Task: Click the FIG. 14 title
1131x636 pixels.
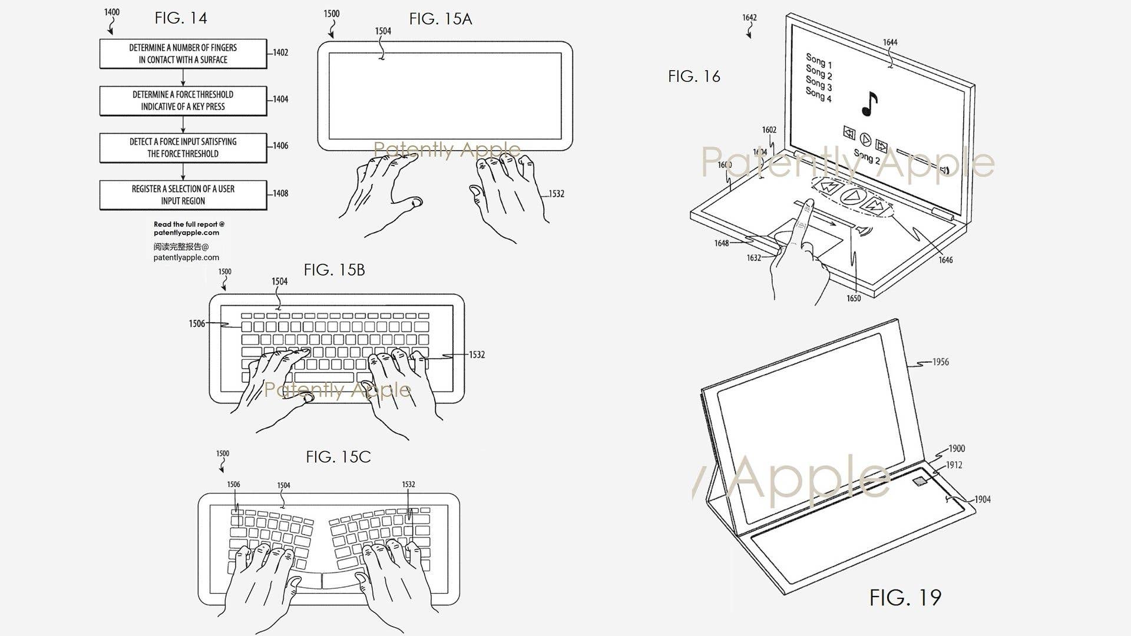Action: coord(181,18)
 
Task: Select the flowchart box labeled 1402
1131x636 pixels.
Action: coord(183,54)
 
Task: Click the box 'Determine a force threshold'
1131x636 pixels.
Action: coord(183,101)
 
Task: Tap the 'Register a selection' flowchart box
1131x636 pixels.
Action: coord(183,195)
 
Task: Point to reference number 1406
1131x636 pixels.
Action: coord(280,145)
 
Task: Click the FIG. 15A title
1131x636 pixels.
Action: coord(441,19)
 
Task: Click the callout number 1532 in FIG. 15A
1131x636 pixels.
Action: coord(556,194)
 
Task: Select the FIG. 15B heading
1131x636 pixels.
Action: coord(334,270)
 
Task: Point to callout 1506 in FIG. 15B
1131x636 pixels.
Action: coord(197,324)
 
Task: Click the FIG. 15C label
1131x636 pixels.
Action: coord(338,457)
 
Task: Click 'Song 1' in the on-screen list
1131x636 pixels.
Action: coord(819,61)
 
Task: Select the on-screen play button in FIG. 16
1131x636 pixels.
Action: coord(865,139)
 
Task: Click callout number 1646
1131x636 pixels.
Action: coord(945,260)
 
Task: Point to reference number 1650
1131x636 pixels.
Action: coord(854,299)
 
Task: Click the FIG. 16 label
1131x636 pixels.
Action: coord(694,77)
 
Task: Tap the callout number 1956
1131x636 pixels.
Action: coord(940,362)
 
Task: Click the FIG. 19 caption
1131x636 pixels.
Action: coord(905,598)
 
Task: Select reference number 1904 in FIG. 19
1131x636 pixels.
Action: coord(982,499)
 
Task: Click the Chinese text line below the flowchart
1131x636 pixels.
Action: coord(181,247)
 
